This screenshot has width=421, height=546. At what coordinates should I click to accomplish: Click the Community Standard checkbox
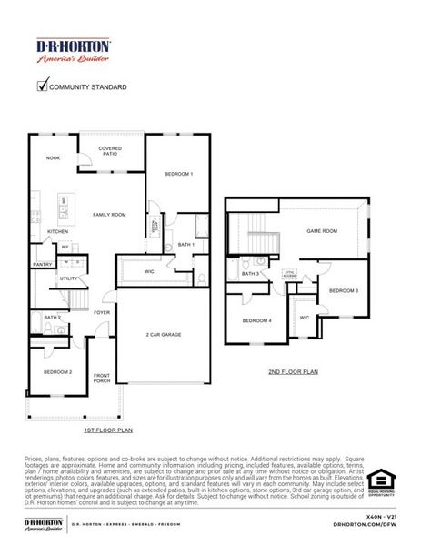(42, 86)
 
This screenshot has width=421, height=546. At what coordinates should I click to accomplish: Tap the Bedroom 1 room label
(178, 173)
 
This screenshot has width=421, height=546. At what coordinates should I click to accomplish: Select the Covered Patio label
(110, 151)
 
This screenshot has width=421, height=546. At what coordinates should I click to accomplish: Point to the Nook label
(54, 158)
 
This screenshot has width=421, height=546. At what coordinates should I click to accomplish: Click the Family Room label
(109, 215)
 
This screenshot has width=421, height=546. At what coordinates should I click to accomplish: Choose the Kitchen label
(57, 231)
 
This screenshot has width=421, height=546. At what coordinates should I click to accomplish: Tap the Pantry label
(42, 264)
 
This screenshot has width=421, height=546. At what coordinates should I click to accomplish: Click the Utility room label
(68, 278)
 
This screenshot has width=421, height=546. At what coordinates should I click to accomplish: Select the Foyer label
(102, 312)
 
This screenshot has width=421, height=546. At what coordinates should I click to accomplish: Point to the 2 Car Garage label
(164, 334)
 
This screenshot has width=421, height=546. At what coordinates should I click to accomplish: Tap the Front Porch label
(102, 378)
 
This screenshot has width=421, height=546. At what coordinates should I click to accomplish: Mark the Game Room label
(322, 231)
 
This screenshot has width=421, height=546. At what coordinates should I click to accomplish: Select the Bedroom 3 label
(344, 290)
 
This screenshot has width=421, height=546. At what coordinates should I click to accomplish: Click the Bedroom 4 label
(257, 320)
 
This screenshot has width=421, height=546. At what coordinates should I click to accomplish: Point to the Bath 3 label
(250, 273)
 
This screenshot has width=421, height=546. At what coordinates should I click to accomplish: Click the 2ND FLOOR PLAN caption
(293, 371)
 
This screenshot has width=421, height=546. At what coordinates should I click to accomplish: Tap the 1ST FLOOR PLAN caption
(108, 429)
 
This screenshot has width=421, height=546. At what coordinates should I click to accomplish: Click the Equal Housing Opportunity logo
(380, 480)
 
